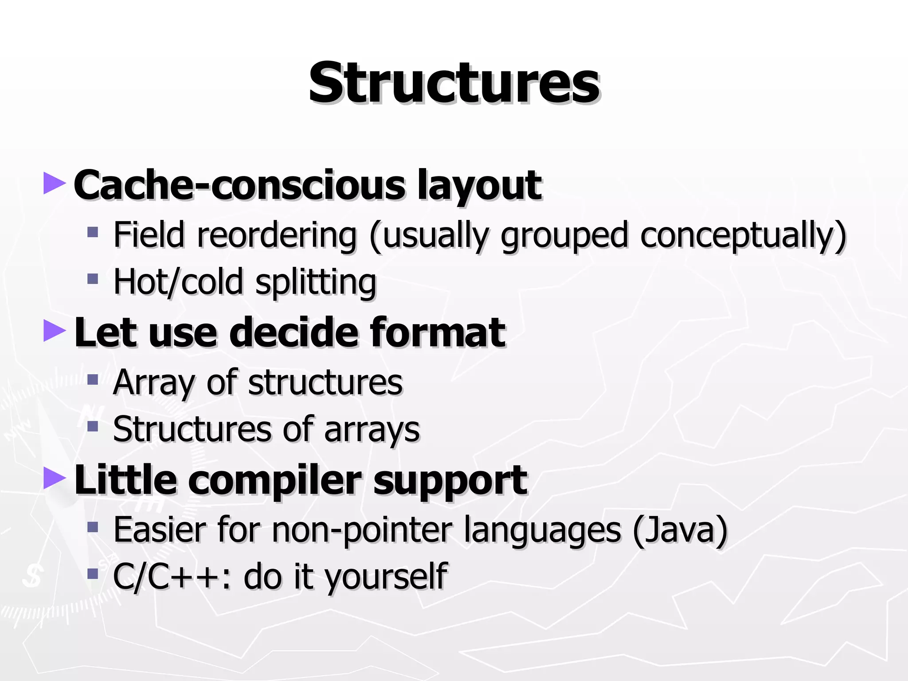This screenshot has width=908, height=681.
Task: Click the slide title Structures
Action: tap(454, 83)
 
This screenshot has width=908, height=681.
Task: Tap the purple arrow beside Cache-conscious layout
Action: tap(54, 184)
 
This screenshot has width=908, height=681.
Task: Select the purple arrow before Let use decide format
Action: tap(54, 331)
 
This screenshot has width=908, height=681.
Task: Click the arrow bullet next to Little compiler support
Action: tap(54, 479)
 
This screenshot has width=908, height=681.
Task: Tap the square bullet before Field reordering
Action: tap(92, 232)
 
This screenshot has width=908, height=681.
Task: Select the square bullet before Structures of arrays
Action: tap(92, 427)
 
